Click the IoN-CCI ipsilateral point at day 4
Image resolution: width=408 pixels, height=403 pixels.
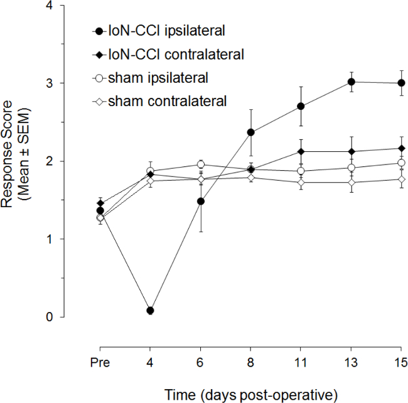(150, 310)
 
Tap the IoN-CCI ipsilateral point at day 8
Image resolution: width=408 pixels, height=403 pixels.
(251, 132)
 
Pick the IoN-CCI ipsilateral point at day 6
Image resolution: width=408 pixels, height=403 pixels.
(200, 201)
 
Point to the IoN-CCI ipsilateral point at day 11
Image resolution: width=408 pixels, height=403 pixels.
(301, 106)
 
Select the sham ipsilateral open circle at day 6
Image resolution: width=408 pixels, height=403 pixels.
(200, 164)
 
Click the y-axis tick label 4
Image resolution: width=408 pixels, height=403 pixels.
(83, 6)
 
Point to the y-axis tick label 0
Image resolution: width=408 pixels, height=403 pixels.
(83, 317)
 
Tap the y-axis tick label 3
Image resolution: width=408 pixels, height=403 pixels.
(83, 83)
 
